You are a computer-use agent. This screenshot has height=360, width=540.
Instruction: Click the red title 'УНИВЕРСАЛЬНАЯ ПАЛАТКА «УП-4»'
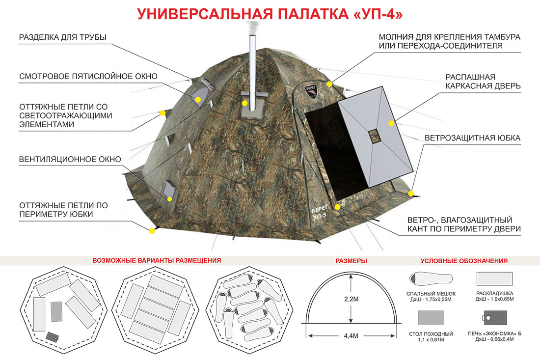tap(270, 14)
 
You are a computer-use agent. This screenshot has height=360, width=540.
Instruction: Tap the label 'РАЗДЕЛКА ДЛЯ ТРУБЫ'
tap(63, 37)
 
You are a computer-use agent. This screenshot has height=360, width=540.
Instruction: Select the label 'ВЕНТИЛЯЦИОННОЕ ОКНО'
tap(70, 159)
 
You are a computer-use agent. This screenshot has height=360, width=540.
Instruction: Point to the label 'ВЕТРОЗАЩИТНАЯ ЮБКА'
tap(472, 138)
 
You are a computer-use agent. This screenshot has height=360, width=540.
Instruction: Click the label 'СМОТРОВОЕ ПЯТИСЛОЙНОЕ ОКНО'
tap(88, 76)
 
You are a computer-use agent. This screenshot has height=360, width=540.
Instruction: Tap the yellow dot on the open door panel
tap(391, 123)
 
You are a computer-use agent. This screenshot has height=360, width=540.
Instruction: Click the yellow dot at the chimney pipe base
tap(244, 103)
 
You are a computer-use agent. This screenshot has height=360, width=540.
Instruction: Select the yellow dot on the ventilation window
tap(169, 199)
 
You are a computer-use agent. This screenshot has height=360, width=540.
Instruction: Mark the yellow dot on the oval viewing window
tap(198, 100)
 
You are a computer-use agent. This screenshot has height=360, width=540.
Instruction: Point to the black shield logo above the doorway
tap(311, 92)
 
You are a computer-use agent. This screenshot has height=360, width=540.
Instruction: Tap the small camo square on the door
tap(373, 136)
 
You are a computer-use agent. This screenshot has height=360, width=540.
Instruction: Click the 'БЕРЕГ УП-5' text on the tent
tap(319, 213)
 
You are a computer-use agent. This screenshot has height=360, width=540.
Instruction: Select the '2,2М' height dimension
tap(351, 299)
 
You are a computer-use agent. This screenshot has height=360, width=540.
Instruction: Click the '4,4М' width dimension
tap(351, 335)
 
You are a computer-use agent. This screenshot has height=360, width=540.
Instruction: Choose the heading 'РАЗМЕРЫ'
tap(351, 261)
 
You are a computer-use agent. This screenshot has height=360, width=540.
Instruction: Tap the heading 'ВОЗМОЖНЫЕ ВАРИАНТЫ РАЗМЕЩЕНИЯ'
tap(157, 260)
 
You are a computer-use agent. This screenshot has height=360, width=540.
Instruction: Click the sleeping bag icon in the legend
tap(431, 278)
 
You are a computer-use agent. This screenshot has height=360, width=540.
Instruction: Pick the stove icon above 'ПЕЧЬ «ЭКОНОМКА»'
tap(494, 318)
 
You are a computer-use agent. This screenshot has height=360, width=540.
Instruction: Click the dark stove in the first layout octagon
tap(53, 336)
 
